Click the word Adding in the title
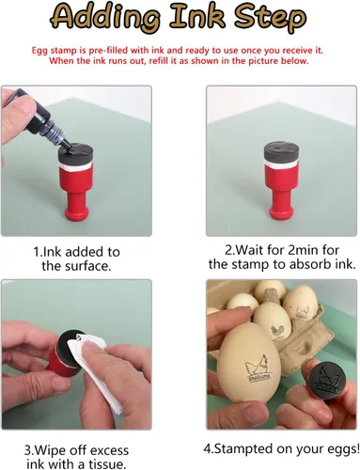coord(107,18)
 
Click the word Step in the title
coord(270,18)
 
